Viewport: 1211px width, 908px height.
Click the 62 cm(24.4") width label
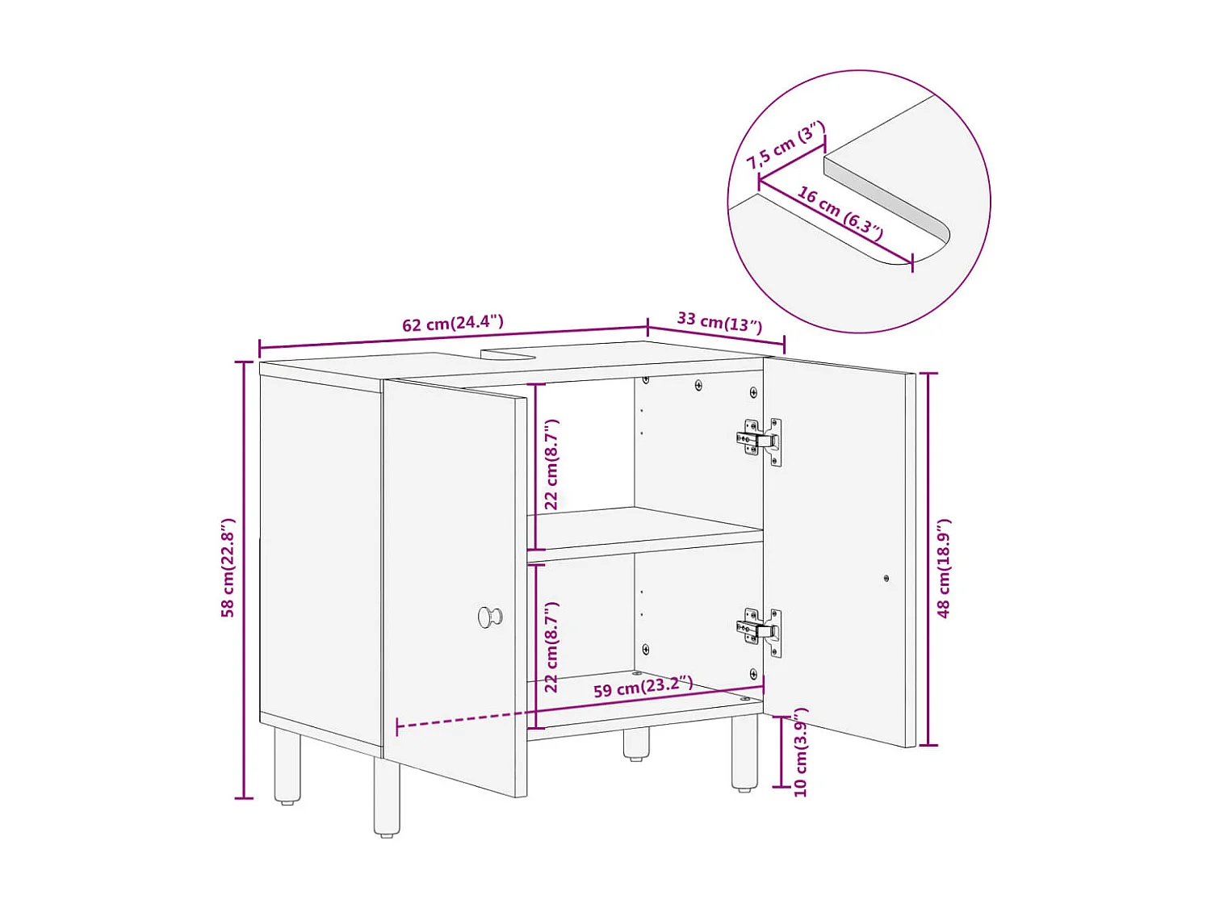(453, 324)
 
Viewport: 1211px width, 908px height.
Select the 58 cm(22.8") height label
(228, 568)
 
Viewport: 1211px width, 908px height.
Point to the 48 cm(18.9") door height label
(944, 568)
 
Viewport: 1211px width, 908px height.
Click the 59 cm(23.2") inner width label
(643, 688)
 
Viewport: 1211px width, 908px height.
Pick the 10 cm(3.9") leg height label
(800, 752)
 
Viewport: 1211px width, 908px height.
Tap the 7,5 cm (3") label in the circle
(785, 145)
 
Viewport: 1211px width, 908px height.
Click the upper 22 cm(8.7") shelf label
(551, 464)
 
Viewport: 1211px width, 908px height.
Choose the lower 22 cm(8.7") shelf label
(551, 647)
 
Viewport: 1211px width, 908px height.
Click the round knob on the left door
(488, 617)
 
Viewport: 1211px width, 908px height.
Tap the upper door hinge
(760, 441)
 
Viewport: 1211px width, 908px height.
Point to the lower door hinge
(760, 630)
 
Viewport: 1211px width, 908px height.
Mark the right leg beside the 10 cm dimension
(744, 752)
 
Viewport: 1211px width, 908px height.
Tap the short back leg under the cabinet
(636, 743)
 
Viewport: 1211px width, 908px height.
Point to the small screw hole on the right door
(886, 578)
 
